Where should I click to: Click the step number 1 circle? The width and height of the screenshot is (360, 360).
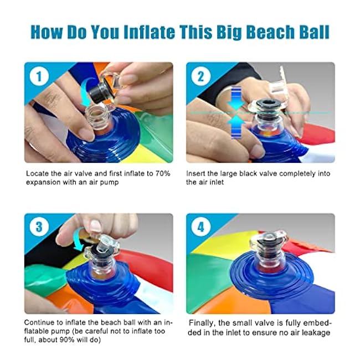click(39, 76)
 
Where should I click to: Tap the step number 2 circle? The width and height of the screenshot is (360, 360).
click(201, 76)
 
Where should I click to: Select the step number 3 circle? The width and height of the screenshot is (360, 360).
click(39, 227)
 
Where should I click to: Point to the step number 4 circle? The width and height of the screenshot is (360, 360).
click(201, 227)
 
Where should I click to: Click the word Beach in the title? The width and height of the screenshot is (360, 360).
click(270, 32)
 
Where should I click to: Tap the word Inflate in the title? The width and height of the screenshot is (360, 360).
click(150, 32)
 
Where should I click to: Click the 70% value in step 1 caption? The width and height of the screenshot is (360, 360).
click(162, 173)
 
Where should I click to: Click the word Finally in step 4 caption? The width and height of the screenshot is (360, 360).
click(202, 323)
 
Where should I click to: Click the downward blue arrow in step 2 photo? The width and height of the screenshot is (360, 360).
click(236, 98)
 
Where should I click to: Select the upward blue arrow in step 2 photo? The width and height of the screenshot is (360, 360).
click(236, 127)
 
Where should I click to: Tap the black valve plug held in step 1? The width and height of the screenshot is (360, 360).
click(100, 92)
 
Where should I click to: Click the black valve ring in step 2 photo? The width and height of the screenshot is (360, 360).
click(268, 105)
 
